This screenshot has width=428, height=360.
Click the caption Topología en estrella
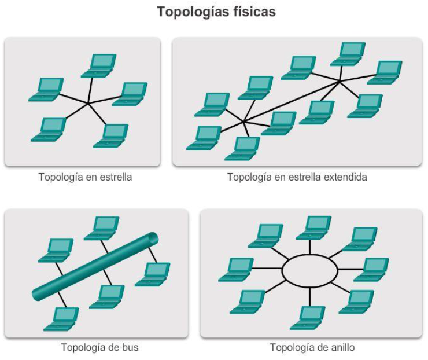85,177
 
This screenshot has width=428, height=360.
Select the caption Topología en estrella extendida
297,177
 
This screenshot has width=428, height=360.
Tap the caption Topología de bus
99,347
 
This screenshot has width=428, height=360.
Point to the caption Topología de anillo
312,347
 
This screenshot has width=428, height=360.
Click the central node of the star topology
87,104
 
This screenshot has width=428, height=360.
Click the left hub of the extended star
244,121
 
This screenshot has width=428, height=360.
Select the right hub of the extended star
340,82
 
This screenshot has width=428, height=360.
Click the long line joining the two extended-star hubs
292,101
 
